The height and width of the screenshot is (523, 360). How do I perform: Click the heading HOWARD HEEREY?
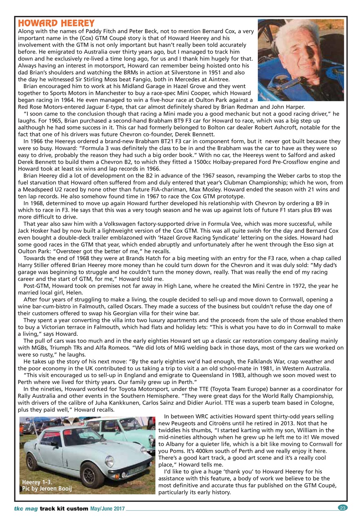(56, 23)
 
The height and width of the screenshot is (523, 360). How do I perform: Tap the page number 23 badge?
(342, 508)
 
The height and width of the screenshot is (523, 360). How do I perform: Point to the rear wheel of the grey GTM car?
(33, 462)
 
